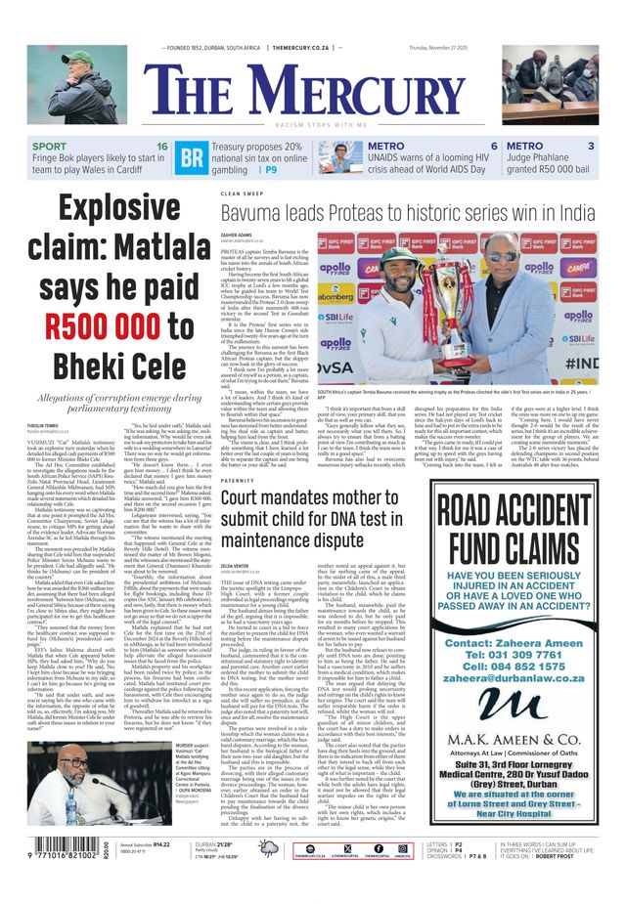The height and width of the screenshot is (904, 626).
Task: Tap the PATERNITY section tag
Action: tap(238, 481)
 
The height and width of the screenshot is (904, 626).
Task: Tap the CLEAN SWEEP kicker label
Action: tap(243, 194)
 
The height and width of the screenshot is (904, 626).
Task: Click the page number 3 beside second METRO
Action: tap(591, 147)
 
